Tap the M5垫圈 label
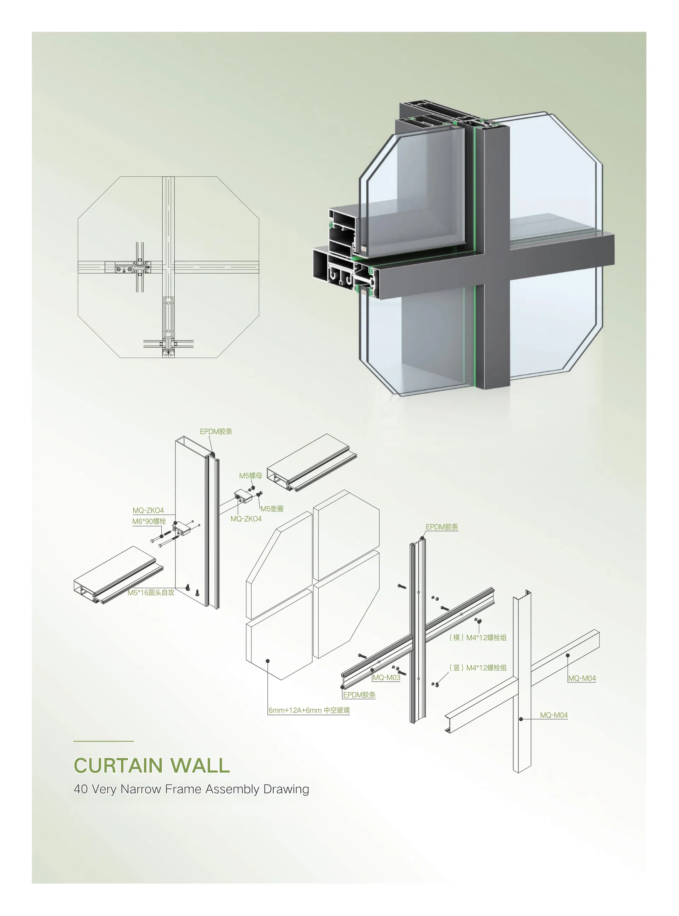(x=272, y=509)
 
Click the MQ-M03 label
(x=386, y=677)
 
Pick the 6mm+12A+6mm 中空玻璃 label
(x=309, y=710)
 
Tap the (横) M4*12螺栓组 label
(x=478, y=637)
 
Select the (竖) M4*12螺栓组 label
(x=478, y=668)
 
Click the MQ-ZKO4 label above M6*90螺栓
(x=148, y=510)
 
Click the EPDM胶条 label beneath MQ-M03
(x=359, y=695)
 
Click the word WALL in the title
(x=200, y=766)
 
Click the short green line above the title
(x=104, y=741)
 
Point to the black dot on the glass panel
(x=268, y=660)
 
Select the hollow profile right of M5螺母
(x=312, y=463)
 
